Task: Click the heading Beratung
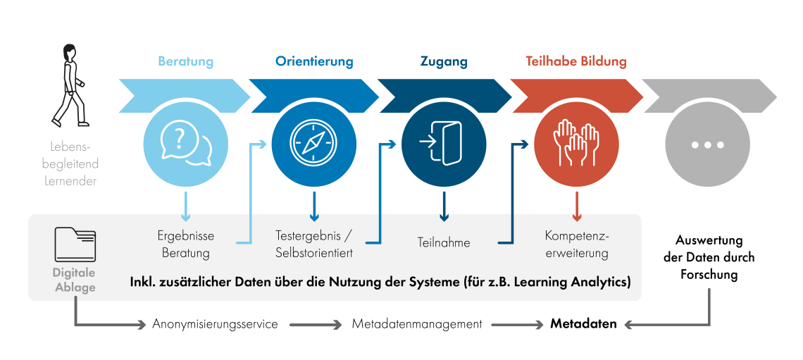coord(185,62)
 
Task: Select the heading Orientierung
coord(314,62)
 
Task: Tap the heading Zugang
coord(444,62)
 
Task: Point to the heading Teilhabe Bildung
coord(576,62)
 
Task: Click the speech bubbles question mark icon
coord(185,143)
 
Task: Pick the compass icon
coord(314,143)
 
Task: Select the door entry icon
coord(443,143)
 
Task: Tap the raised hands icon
coord(576,143)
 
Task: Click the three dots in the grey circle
coord(707,144)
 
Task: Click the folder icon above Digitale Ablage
coord(75,244)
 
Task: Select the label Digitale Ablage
coord(75,280)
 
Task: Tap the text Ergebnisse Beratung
coord(186,244)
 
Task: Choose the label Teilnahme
coord(444,243)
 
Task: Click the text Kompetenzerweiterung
coord(576,244)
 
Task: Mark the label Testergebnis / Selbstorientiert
coord(314,244)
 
